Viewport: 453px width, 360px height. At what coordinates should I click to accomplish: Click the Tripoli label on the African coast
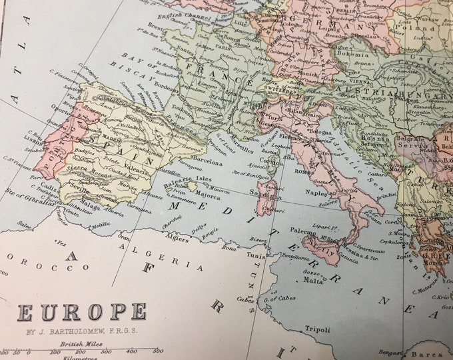(x=317, y=328)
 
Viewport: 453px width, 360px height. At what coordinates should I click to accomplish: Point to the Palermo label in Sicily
(x=303, y=231)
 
